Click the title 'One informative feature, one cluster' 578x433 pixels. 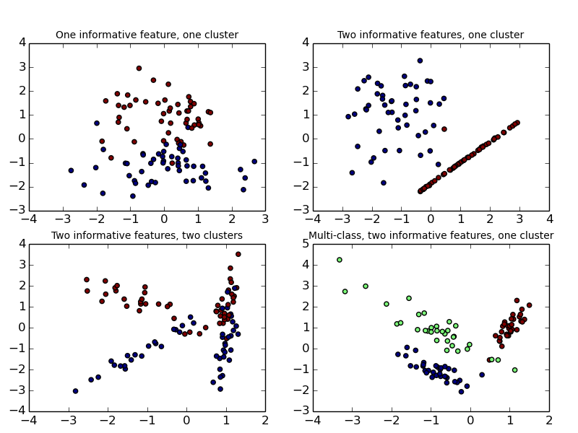[x=147, y=35]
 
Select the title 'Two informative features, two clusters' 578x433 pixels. [x=147, y=235]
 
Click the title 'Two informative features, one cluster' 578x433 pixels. [x=431, y=35]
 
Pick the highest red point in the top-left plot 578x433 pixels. [x=139, y=69]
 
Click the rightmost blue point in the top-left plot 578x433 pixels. [x=254, y=162]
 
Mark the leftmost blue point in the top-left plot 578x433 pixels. [x=71, y=170]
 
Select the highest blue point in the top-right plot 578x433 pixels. [x=420, y=61]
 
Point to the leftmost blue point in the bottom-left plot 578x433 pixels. [x=75, y=391]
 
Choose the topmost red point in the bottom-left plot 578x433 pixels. [x=238, y=254]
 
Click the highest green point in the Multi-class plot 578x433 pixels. [x=339, y=260]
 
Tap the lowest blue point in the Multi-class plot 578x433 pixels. [x=461, y=392]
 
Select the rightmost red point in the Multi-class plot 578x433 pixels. [x=529, y=305]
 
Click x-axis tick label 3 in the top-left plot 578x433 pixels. [x=264, y=219]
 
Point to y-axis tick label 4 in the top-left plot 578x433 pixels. [x=22, y=43]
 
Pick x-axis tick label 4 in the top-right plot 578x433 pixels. [x=549, y=219]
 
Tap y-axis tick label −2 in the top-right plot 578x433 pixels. [x=303, y=186]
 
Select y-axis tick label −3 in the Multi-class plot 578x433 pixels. [x=303, y=390]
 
